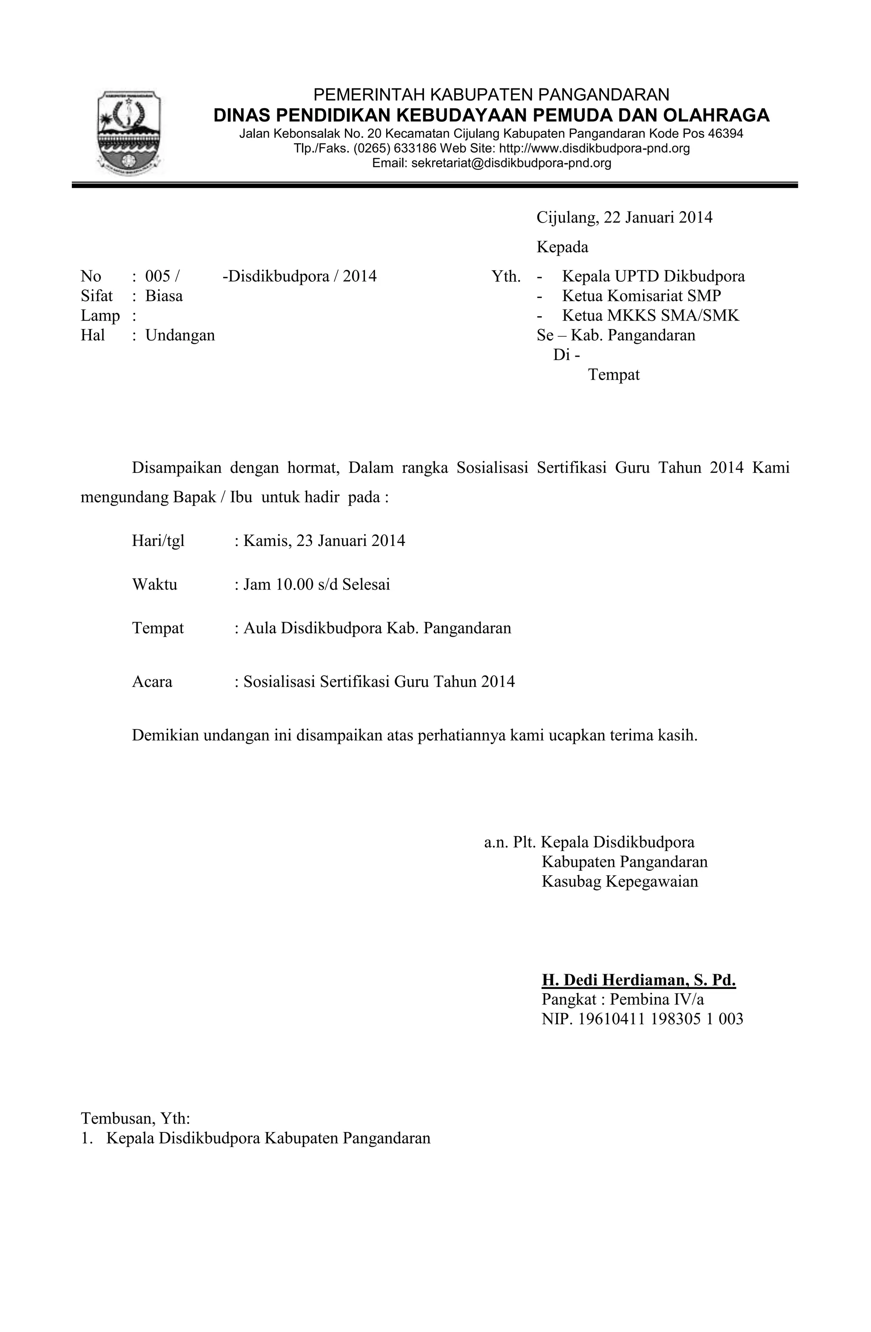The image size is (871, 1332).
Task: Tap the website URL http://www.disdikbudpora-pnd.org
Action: pos(594,149)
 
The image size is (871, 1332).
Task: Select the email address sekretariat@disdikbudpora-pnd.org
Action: pos(511,163)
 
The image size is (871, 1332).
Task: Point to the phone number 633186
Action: pos(415,149)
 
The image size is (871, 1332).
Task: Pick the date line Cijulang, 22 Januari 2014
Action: pos(624,218)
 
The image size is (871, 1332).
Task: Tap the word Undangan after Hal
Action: pos(180,335)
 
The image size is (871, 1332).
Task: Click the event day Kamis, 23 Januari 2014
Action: pos(324,540)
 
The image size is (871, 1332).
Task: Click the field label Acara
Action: pos(152,682)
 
